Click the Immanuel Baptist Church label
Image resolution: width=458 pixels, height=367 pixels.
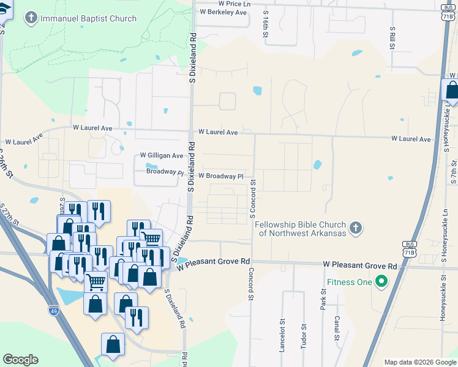click(x=88, y=18)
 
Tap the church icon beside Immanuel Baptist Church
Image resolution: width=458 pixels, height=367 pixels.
click(x=31, y=18)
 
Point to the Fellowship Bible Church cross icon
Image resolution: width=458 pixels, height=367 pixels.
click(x=356, y=229)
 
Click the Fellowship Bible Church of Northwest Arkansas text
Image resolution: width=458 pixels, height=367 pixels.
click(x=301, y=229)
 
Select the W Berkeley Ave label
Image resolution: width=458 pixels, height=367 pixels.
click(x=223, y=12)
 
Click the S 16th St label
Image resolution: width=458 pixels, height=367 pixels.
click(x=266, y=26)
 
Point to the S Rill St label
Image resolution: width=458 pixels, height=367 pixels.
click(x=392, y=37)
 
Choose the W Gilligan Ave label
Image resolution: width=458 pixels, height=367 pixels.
click(x=162, y=156)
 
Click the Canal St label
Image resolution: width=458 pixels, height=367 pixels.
click(x=336, y=328)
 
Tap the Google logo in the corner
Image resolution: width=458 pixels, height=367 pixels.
click(x=21, y=360)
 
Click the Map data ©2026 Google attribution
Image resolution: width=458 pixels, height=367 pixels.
click(x=419, y=362)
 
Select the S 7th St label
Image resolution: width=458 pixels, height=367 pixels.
click(x=454, y=172)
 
